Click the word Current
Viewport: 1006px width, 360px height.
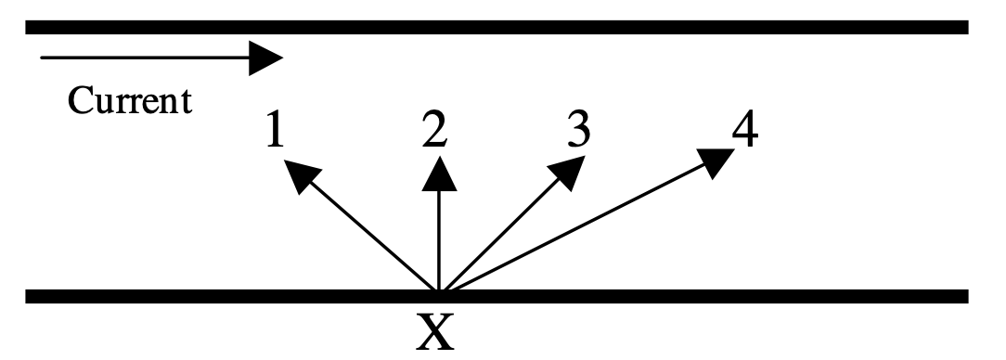click(x=130, y=101)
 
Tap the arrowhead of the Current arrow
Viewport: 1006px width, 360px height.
click(x=265, y=58)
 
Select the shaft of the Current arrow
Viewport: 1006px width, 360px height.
click(x=145, y=58)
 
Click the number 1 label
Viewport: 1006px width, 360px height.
click(x=275, y=129)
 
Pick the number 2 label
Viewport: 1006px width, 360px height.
click(x=434, y=128)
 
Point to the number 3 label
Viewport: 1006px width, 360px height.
click(x=578, y=127)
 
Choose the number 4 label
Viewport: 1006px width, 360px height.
click(x=745, y=127)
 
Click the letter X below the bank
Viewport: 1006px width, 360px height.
click(x=435, y=332)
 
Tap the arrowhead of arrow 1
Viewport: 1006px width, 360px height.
click(x=301, y=175)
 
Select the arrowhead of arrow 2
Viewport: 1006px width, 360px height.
click(x=440, y=174)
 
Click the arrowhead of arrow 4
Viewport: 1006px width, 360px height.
click(x=716, y=162)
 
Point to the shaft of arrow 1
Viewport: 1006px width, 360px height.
click(x=372, y=237)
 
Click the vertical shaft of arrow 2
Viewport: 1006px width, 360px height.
click(x=440, y=240)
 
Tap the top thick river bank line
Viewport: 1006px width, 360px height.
click(x=497, y=27)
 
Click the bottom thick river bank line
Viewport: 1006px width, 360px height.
click(x=497, y=296)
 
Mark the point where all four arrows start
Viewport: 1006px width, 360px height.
click(x=440, y=291)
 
